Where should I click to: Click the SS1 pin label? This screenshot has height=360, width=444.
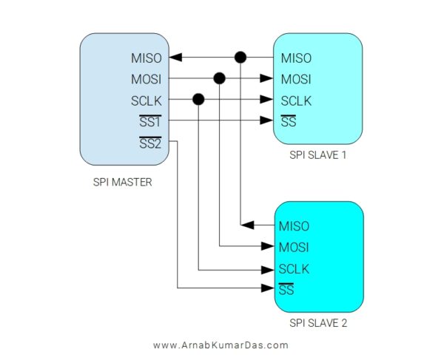pos(150,121)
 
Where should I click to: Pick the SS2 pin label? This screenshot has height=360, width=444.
pos(150,142)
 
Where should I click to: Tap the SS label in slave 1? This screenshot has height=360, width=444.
pos(289,121)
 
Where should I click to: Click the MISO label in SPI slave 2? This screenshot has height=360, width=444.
pos(295,225)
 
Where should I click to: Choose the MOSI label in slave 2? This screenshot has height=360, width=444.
pos(295,246)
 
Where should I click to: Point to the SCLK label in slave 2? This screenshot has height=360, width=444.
pos(295,268)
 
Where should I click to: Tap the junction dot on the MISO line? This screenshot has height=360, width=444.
pos(240,57)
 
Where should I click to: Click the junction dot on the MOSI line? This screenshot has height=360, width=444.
pos(219,78)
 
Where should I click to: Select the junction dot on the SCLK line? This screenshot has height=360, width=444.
pos(198,100)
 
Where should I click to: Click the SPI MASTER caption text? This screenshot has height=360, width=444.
pos(122,181)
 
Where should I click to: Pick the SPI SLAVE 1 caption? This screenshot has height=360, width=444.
pos(318,157)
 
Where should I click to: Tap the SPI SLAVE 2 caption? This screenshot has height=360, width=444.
pos(318,323)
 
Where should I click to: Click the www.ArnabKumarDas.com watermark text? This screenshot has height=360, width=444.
pos(221,345)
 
